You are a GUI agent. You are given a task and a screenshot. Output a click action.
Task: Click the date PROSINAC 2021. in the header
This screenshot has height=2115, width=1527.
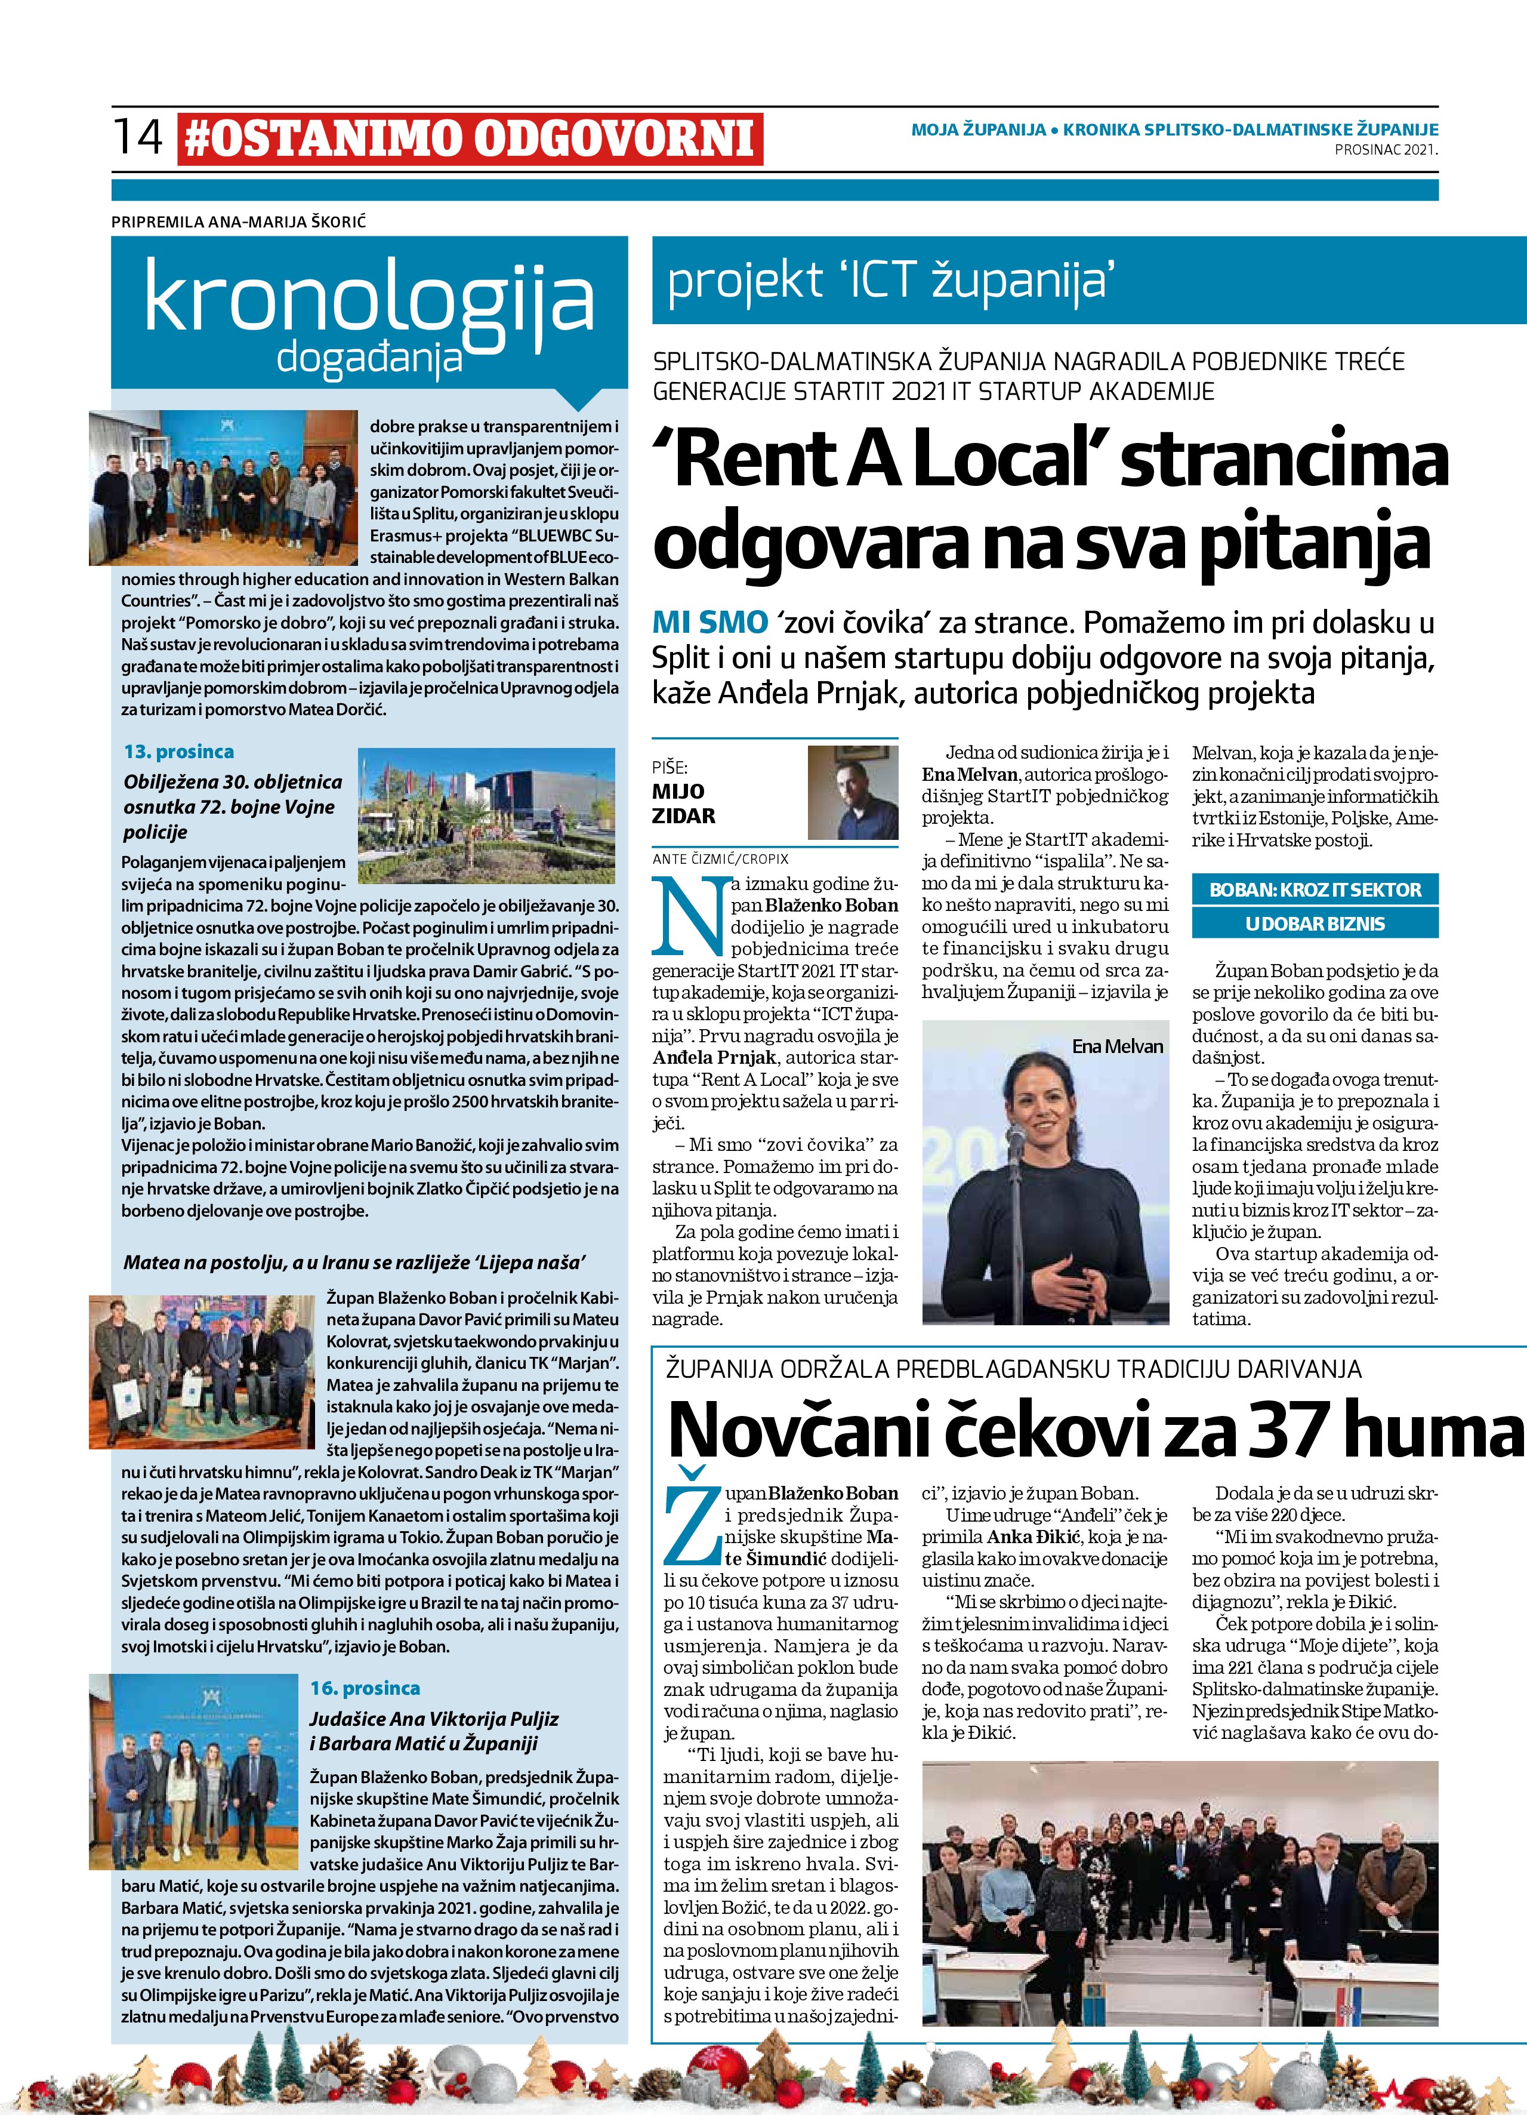[x=1386, y=149]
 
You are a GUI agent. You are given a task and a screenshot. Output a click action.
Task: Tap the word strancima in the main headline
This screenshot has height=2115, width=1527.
[x=1285, y=463]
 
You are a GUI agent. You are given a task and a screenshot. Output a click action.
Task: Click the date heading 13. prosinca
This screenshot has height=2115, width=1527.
[x=179, y=752]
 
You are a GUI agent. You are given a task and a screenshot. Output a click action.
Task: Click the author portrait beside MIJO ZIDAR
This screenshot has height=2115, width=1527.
[x=852, y=793]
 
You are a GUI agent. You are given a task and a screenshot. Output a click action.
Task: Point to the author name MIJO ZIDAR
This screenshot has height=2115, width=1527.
[x=684, y=805]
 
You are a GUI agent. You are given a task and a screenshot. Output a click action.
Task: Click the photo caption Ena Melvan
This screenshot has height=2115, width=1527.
[x=1117, y=1046]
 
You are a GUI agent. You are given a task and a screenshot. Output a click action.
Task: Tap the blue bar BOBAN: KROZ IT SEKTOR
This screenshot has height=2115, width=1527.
[x=1315, y=889]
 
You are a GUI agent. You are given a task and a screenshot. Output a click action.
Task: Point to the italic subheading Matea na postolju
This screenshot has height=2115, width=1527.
[x=354, y=1264]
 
